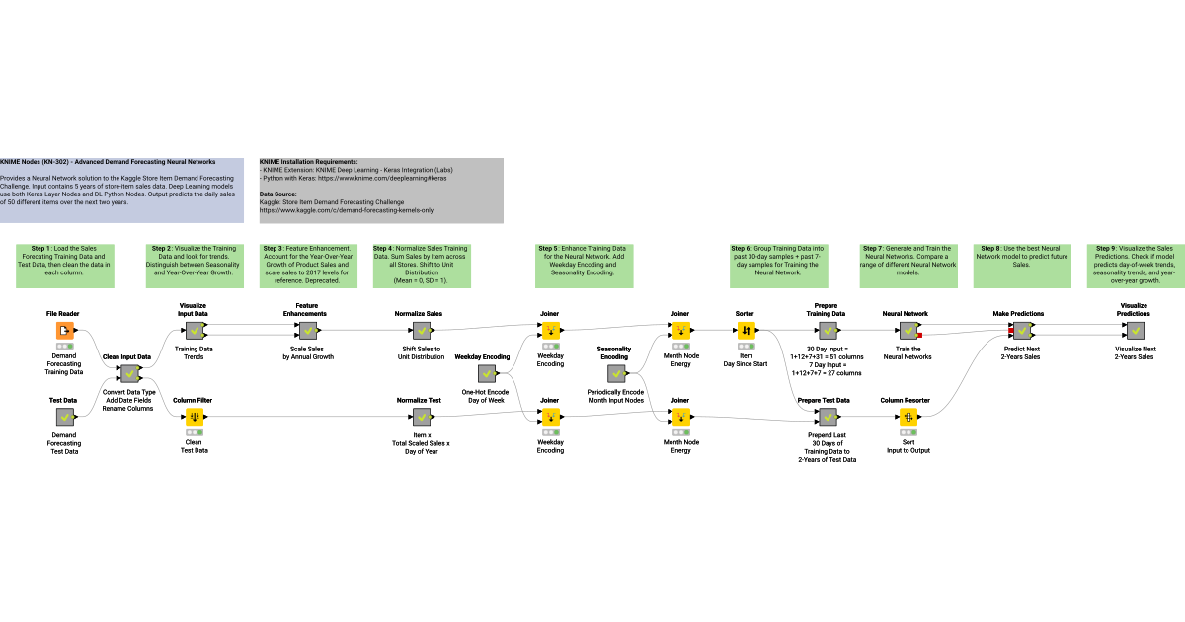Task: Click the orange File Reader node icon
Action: pyautogui.click(x=63, y=330)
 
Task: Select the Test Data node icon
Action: pyautogui.click(x=63, y=417)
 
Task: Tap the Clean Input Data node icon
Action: pyautogui.click(x=128, y=373)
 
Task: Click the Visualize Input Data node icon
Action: pyautogui.click(x=194, y=330)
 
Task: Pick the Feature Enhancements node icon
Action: pyautogui.click(x=307, y=330)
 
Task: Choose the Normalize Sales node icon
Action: pyautogui.click(x=419, y=330)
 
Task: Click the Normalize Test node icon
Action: pyautogui.click(x=419, y=417)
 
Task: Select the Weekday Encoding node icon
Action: pyautogui.click(x=486, y=373)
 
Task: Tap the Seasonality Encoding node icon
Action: pyautogui.click(x=614, y=373)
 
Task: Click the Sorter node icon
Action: pyautogui.click(x=745, y=330)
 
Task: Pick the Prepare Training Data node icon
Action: pyautogui.click(x=826, y=330)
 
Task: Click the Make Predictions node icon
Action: pyautogui.click(x=1018, y=330)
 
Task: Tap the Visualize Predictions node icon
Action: pyautogui.click(x=1134, y=330)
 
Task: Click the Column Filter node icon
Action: pyautogui.click(x=194, y=417)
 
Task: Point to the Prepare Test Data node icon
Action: pyautogui.click(x=826, y=417)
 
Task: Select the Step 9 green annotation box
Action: pyautogui.click(x=1135, y=263)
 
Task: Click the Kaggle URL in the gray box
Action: pyautogui.click(x=346, y=210)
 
